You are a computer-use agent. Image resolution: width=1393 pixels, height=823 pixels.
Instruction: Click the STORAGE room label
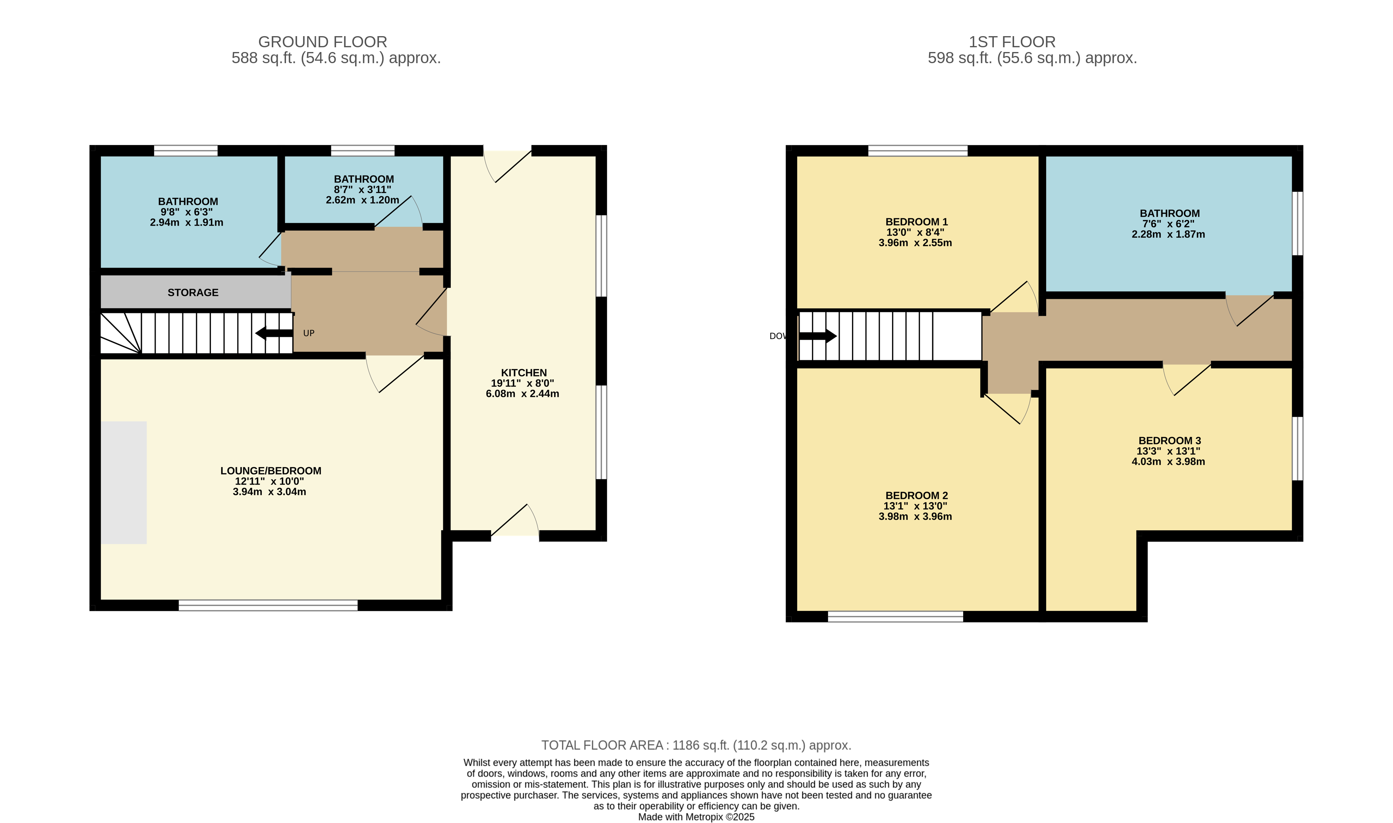(193, 292)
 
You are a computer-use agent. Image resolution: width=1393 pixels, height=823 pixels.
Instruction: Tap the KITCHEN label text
(524, 373)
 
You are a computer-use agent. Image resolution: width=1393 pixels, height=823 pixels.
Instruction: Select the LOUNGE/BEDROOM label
(270, 471)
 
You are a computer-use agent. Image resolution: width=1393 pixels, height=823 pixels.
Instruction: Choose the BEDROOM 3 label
(1169, 440)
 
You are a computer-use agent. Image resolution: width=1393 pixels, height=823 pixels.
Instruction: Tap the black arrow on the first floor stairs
(818, 336)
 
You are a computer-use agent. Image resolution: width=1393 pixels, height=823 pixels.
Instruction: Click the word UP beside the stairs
(309, 333)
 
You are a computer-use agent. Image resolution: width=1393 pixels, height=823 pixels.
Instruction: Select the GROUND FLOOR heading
(323, 42)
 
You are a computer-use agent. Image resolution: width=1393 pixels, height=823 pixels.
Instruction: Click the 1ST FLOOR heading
(1012, 42)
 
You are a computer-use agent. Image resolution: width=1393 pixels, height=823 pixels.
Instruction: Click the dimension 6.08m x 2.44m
(522, 394)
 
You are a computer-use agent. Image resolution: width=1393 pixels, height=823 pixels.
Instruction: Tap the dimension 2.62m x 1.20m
(363, 200)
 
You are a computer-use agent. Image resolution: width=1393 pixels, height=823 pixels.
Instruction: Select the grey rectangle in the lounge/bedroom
(124, 483)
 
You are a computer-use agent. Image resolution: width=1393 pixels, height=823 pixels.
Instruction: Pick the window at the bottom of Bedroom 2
(896, 617)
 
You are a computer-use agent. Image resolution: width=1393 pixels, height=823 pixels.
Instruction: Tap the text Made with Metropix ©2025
(697, 817)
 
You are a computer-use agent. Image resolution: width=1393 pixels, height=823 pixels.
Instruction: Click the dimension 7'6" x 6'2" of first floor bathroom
(1169, 224)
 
